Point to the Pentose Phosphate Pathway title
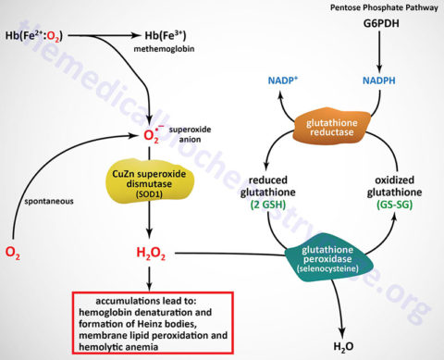[x=377, y=8]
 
